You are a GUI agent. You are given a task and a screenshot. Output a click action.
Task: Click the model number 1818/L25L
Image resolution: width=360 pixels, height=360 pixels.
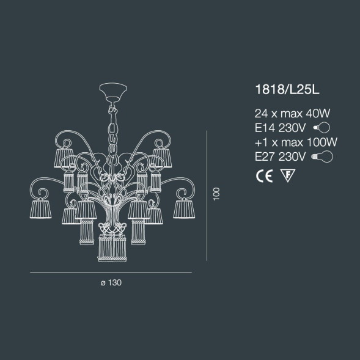point(287,90)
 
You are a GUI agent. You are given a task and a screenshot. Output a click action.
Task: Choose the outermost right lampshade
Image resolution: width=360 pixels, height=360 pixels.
point(182,207)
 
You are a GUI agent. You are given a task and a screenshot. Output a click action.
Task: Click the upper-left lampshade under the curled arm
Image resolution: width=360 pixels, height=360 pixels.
point(64,157)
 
